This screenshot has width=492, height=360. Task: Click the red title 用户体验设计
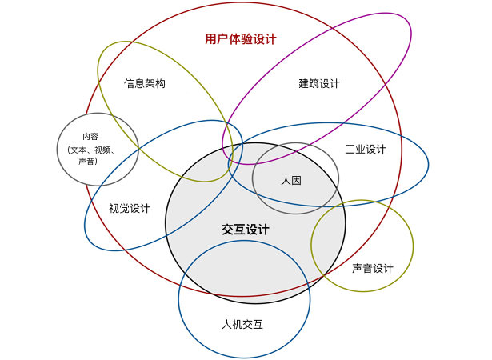(x=240, y=38)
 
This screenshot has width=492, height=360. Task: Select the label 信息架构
(x=145, y=83)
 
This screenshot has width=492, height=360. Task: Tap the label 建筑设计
(x=319, y=83)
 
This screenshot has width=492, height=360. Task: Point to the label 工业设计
(x=366, y=150)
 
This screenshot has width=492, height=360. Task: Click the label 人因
(x=291, y=180)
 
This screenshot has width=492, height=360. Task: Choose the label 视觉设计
(x=130, y=208)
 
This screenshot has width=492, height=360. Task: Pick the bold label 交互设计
(x=246, y=230)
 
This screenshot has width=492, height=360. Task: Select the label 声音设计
(x=373, y=268)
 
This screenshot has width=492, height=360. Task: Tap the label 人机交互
(x=242, y=324)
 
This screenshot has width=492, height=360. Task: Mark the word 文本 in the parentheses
(x=79, y=149)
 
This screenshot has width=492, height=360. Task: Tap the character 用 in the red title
(x=210, y=38)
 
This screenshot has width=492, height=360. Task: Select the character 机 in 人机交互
(x=237, y=324)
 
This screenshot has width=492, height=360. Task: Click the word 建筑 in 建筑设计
(x=309, y=83)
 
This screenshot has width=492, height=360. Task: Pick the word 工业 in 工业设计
(x=355, y=150)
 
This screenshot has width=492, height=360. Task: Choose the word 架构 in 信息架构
(x=155, y=83)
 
